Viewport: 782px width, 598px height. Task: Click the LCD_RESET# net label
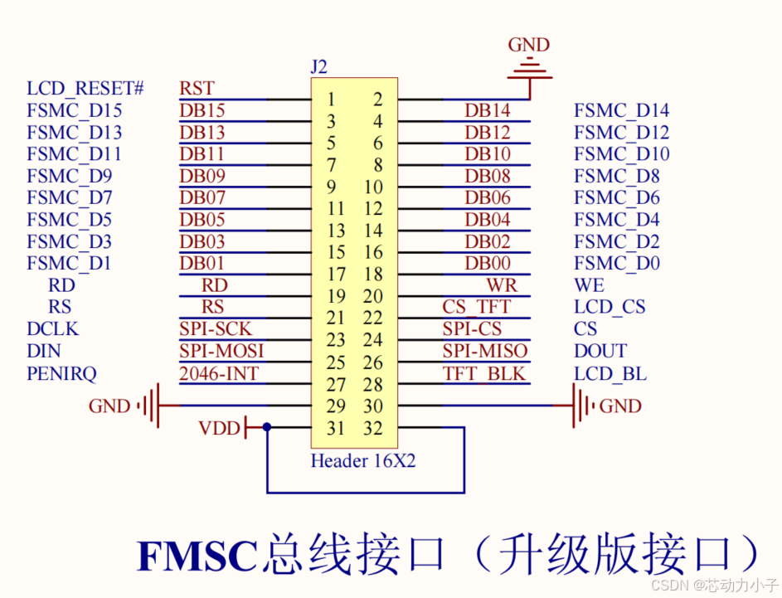click(86, 89)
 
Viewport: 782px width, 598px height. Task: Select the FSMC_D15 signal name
click(75, 110)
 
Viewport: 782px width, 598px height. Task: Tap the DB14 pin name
click(488, 110)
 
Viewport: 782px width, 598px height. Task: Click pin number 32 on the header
click(373, 429)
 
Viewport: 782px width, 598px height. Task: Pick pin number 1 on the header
click(331, 100)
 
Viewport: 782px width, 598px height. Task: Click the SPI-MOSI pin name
click(221, 351)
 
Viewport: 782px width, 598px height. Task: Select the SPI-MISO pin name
click(484, 351)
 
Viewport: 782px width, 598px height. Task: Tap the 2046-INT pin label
click(219, 373)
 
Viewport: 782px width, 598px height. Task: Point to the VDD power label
click(219, 429)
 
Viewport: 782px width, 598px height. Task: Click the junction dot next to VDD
click(266, 428)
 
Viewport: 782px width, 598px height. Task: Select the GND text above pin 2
click(528, 45)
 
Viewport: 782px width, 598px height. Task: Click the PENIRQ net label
click(62, 373)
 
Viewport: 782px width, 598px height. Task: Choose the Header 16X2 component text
click(363, 461)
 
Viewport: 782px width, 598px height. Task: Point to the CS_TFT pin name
click(477, 307)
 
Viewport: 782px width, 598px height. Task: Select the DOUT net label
click(600, 351)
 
